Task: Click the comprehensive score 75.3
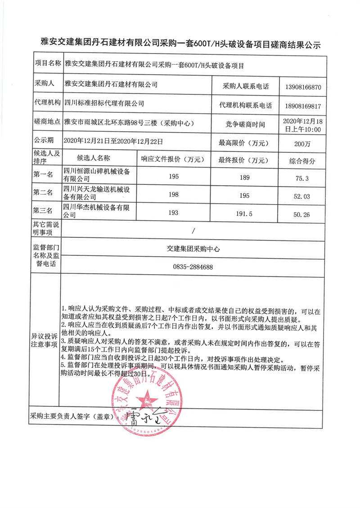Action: [x=301, y=178]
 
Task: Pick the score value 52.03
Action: [x=301, y=196]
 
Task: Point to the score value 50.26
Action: [x=301, y=215]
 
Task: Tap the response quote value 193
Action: [x=174, y=212]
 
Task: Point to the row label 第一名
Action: [x=44, y=174]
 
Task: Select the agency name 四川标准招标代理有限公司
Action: [x=104, y=103]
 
